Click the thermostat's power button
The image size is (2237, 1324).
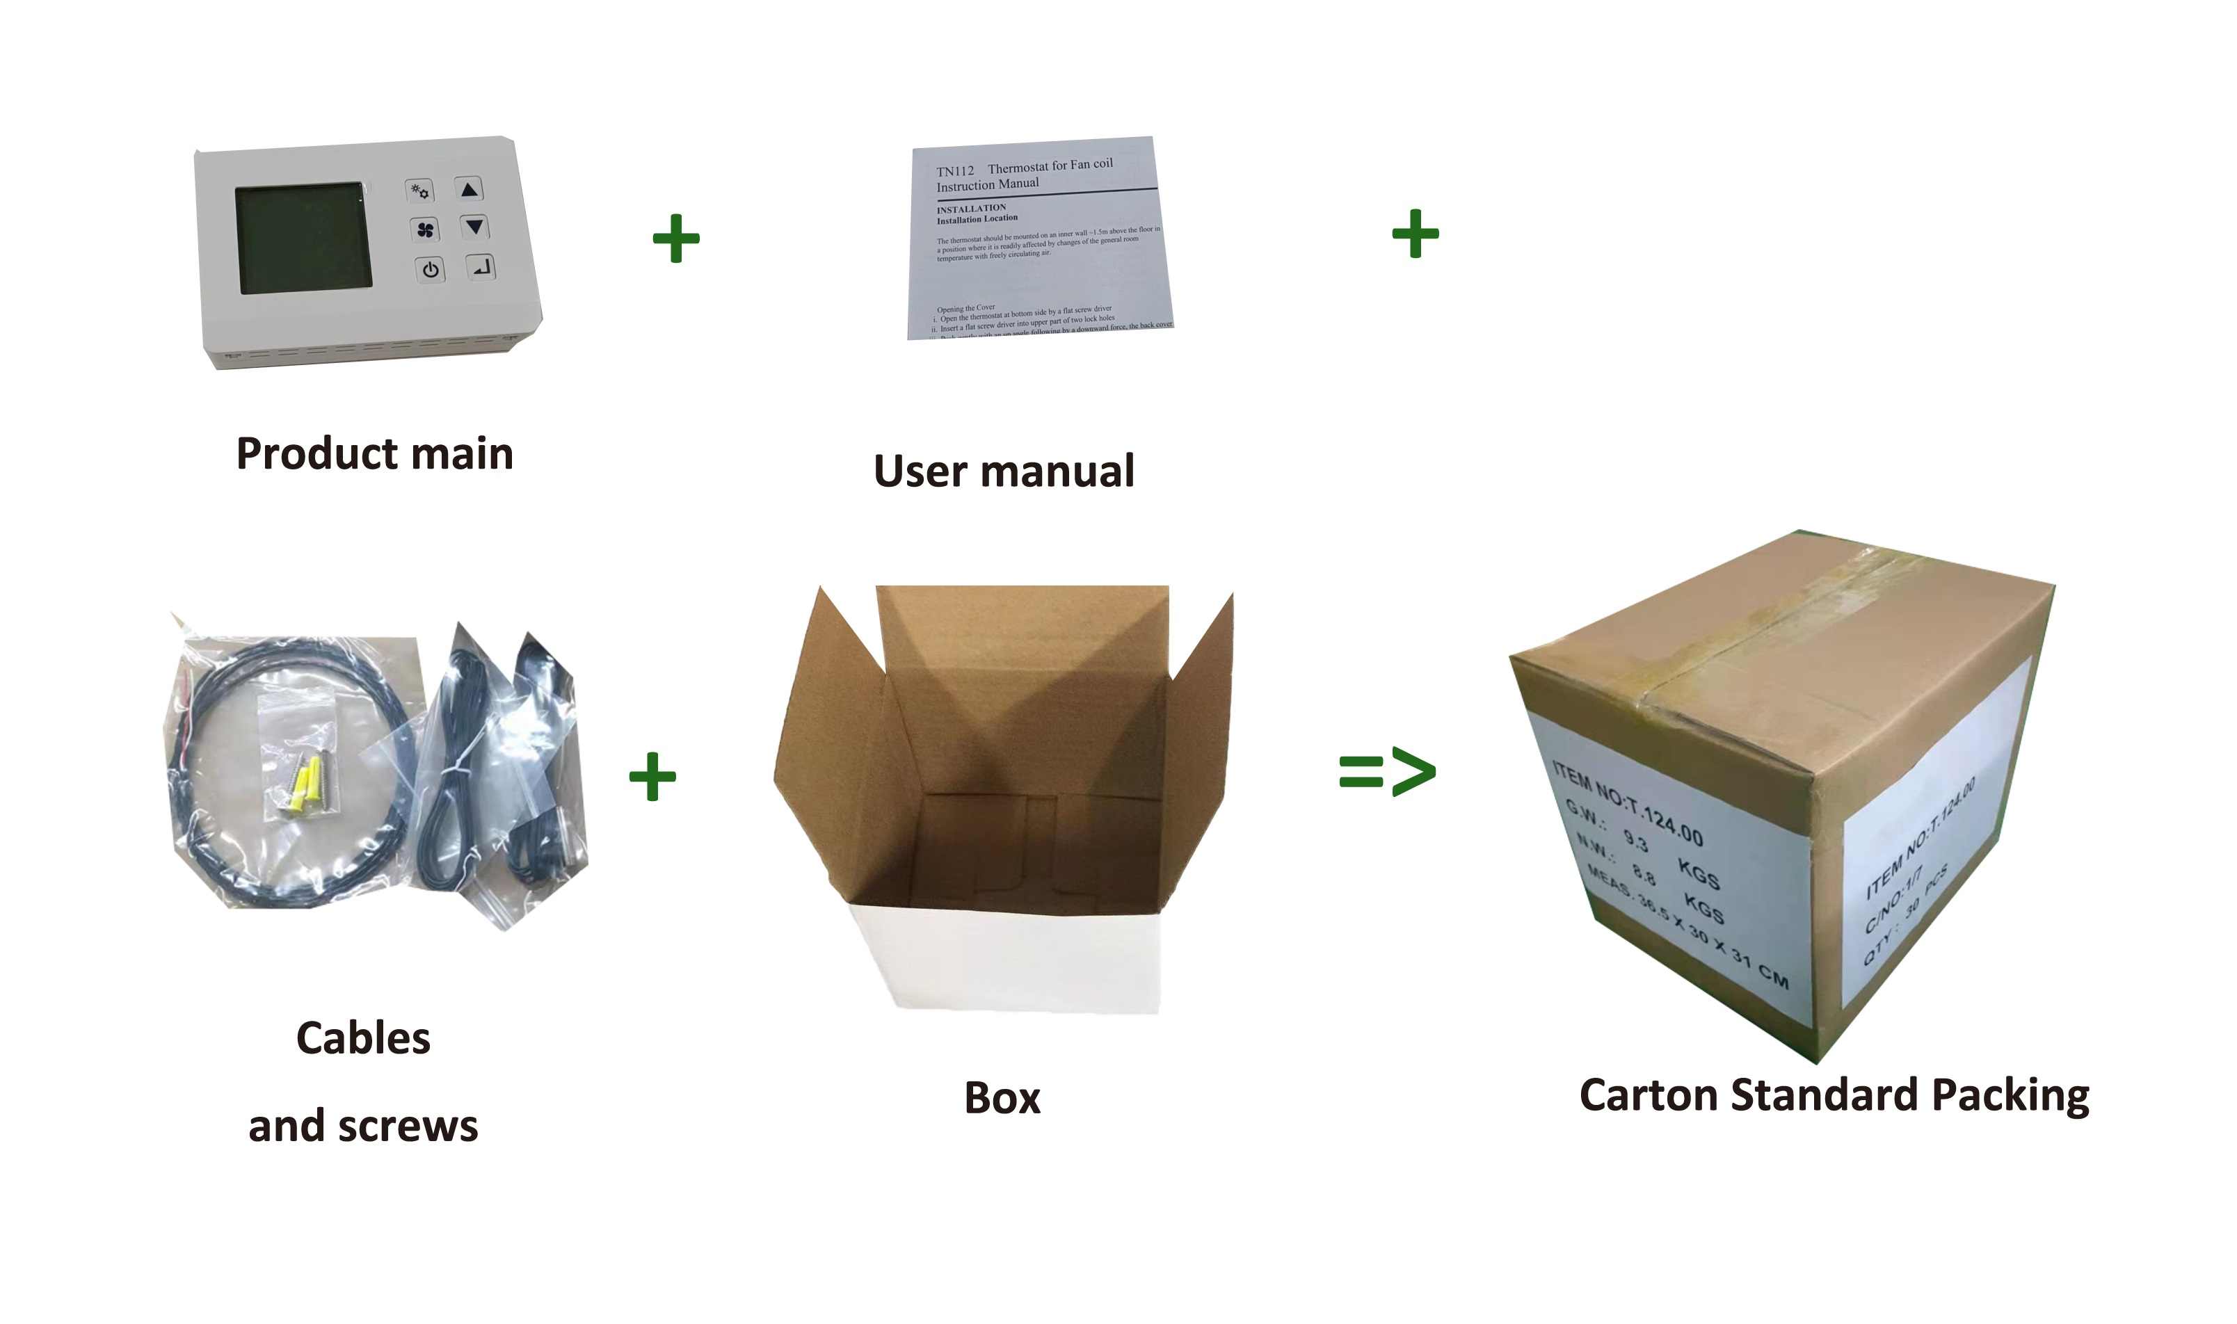click(x=430, y=268)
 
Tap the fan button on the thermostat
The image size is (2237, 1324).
click(x=425, y=230)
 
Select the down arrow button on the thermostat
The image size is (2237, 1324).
click(x=474, y=227)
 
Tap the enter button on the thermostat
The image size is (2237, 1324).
click(x=481, y=266)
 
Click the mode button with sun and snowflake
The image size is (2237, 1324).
click(x=419, y=190)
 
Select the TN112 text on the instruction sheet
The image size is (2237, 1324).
click(x=955, y=170)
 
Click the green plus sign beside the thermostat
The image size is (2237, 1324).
click(x=675, y=239)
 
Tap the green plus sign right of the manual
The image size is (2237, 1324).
click(x=1416, y=234)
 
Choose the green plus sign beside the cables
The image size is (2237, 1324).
click(x=652, y=776)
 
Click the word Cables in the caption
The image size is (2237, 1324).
click(x=363, y=1038)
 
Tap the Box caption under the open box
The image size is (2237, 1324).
click(x=1002, y=1097)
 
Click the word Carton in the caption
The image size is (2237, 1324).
click(x=1648, y=1095)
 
